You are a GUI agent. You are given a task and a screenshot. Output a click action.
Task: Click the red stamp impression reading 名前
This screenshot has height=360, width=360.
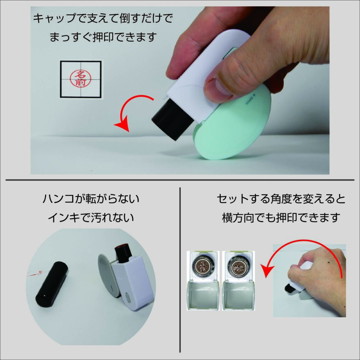[x=81, y=78]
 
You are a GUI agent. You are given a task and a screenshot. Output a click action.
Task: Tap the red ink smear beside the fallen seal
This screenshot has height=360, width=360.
[x=36, y=274]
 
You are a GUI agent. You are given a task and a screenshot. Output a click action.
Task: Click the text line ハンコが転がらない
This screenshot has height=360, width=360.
[x=91, y=199]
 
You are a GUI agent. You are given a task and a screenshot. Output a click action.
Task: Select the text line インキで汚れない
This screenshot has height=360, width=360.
[x=91, y=218]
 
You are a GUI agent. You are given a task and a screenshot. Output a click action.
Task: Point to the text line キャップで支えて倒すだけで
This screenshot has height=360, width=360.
[x=103, y=18]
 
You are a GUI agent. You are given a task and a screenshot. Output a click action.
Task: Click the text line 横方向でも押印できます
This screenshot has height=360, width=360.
[x=281, y=217]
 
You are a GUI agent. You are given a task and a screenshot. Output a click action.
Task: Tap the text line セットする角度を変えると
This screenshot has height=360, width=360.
[x=281, y=199]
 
